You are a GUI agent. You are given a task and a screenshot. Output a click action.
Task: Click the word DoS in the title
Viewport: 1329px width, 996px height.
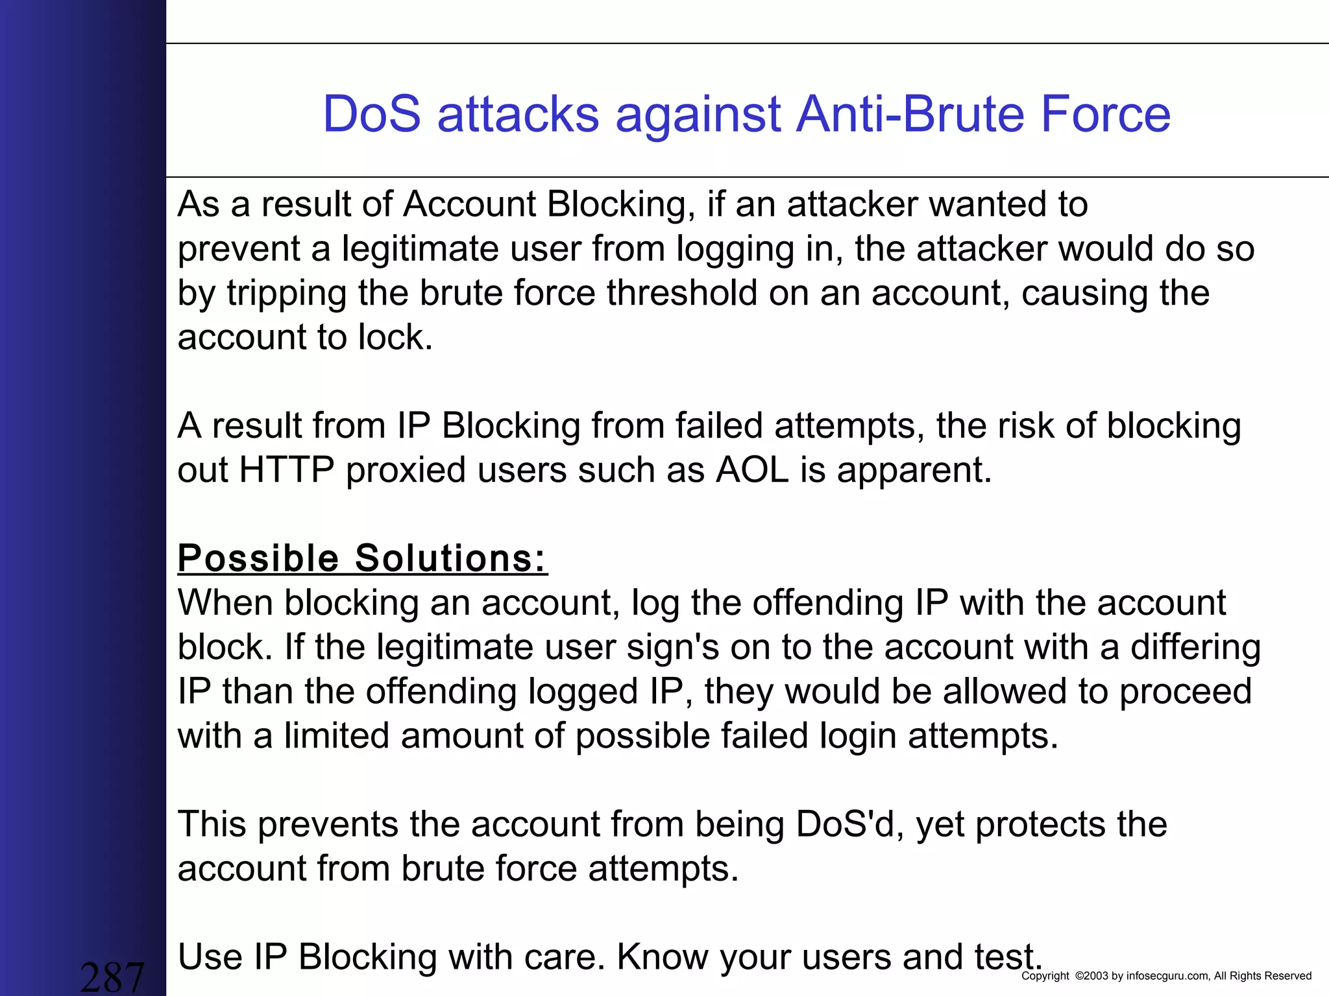tap(372, 114)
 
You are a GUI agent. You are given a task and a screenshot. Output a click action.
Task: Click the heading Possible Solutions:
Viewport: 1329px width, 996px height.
tap(362, 558)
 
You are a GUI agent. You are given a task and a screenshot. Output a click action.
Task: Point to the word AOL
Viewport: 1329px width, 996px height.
tap(752, 469)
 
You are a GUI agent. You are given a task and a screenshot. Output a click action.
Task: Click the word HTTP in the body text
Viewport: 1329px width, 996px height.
tap(286, 469)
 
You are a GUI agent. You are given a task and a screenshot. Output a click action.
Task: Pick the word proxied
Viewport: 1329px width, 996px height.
tap(406, 471)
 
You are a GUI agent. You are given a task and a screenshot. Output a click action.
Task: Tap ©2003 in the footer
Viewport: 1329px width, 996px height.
tap(1091, 976)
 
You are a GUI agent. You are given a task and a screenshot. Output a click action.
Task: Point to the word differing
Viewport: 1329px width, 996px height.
tap(1195, 648)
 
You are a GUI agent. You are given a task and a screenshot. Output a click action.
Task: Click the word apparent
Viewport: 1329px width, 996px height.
tap(914, 471)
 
